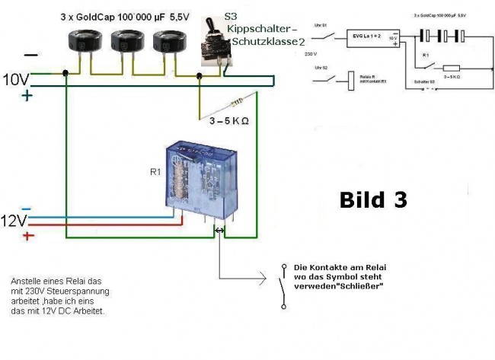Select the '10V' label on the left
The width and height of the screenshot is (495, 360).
click(16, 79)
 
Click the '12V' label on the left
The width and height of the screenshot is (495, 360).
click(14, 221)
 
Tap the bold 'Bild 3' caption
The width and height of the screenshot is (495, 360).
click(372, 200)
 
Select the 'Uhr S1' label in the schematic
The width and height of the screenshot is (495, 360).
click(321, 27)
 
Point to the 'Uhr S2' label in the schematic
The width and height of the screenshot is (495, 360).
click(321, 68)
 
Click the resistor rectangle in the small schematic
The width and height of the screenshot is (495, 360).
click(451, 68)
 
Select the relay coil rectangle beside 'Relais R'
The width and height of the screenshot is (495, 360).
click(351, 81)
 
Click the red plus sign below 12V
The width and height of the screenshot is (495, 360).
click(27, 237)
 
